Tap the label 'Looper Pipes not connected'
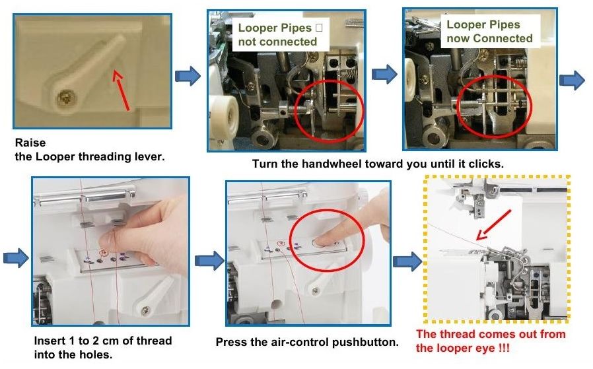click(x=277, y=35)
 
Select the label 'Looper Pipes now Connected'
click(x=489, y=32)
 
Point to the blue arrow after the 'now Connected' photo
click(x=572, y=80)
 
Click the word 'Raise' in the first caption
click(x=30, y=143)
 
